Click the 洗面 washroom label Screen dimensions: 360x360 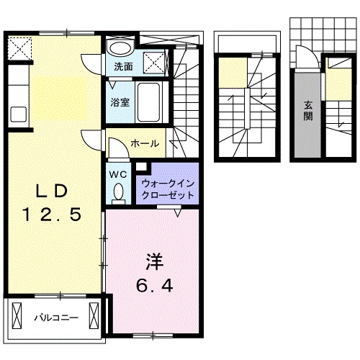pyautogui.click(x=123, y=67)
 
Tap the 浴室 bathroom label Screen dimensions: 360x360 pyautogui.click(x=120, y=102)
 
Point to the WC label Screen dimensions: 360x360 pyautogui.click(x=118, y=173)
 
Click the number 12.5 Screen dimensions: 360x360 pyautogui.click(x=49, y=214)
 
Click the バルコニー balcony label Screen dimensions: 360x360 pyautogui.click(x=55, y=316)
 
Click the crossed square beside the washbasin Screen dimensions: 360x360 pyautogui.click(x=153, y=60)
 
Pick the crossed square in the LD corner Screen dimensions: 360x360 pyautogui.click(x=19, y=48)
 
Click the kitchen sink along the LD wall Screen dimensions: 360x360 pyautogui.click(x=18, y=115)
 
